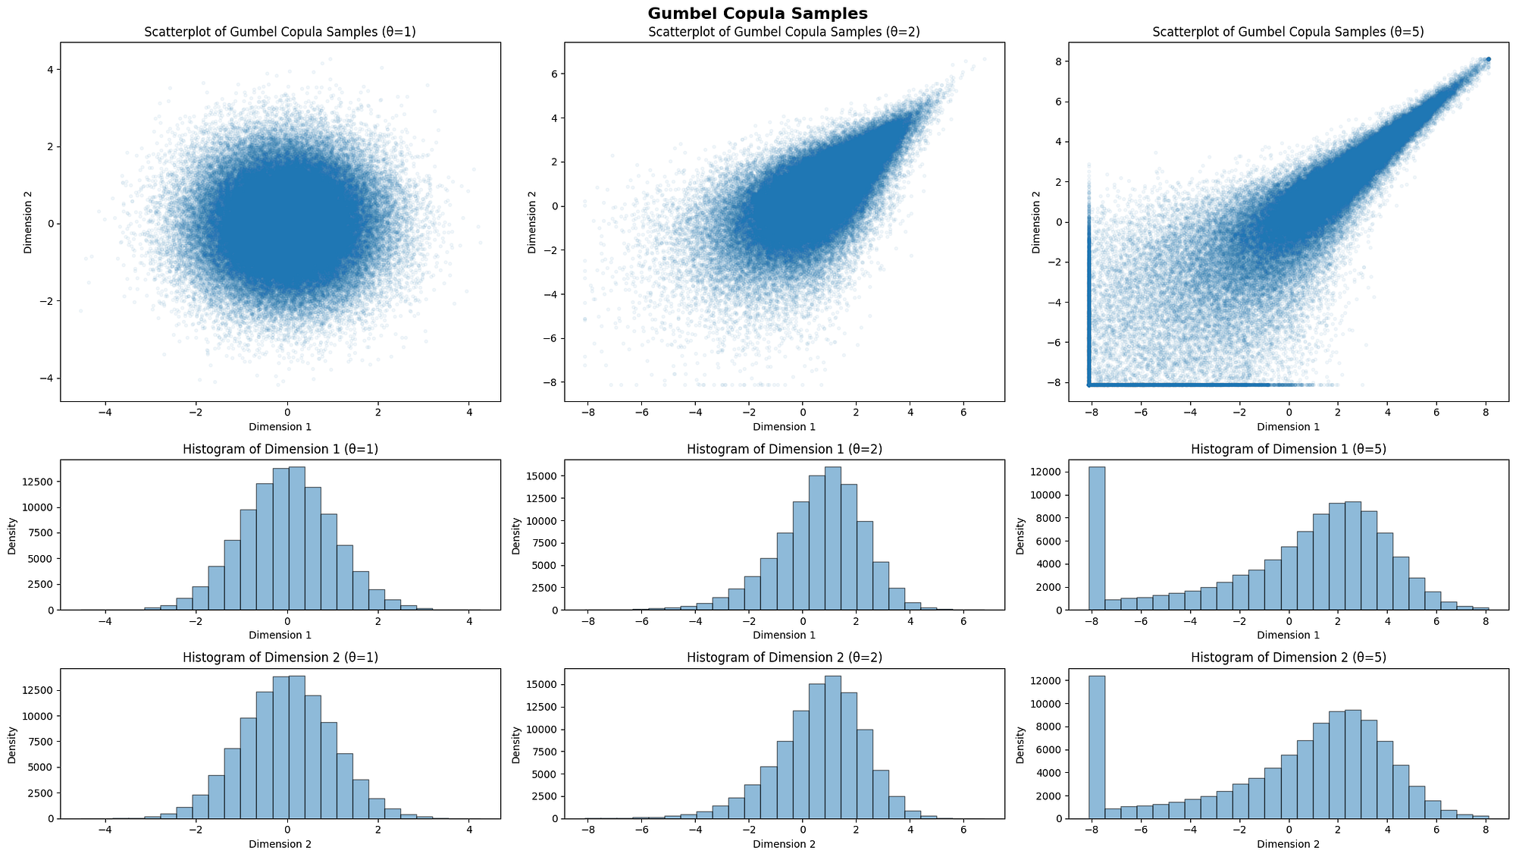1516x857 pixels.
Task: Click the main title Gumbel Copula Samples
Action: tap(758, 13)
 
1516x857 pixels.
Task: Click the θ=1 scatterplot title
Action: tap(280, 33)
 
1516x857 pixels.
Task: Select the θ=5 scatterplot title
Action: tap(1288, 33)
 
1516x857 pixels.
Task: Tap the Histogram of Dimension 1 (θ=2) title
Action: tap(785, 449)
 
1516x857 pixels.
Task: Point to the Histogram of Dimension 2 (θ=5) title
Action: tap(1288, 658)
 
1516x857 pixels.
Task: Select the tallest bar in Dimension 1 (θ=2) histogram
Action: tap(832, 538)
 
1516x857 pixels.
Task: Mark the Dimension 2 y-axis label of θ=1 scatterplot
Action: tap(27, 221)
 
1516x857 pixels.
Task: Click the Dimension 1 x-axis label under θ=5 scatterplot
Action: tap(1288, 427)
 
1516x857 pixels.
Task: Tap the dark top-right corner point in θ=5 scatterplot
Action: tap(1488, 59)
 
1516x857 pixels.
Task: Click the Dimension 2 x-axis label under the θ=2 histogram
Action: tap(785, 844)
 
